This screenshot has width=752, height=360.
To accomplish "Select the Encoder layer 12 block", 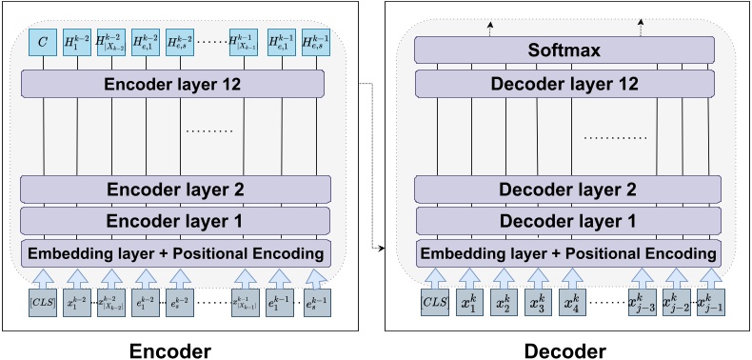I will point(173,84).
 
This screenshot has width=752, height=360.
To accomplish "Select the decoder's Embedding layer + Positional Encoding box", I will point(567,254).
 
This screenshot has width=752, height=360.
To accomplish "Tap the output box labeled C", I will point(43,42).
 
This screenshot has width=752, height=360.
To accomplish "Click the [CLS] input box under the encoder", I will point(43,305).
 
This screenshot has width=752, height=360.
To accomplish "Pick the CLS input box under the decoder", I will point(433,305).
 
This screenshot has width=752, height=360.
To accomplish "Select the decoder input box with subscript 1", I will point(467,305).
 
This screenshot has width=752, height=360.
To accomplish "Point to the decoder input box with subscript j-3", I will point(640,305).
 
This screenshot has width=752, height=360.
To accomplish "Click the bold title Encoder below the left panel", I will point(173,349).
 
